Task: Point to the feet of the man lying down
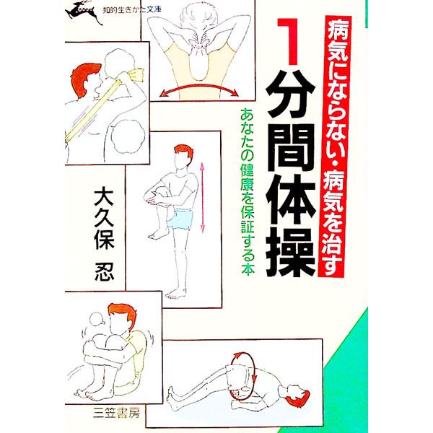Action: [172, 395]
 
